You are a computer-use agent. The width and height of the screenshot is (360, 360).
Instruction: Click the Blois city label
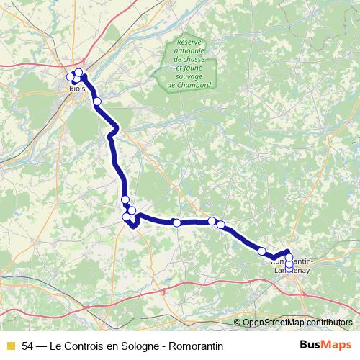78,88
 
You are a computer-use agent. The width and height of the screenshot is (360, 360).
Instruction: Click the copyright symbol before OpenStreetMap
238,323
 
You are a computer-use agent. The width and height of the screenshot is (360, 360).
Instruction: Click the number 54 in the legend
28,346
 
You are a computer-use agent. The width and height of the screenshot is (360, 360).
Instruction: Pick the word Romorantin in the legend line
198,346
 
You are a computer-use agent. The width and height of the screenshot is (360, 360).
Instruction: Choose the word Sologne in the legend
139,346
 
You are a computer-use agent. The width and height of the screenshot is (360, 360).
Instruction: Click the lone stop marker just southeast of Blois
97,102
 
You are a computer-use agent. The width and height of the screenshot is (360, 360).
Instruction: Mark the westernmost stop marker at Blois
71,77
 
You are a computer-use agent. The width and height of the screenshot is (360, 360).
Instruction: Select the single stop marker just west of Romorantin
262,251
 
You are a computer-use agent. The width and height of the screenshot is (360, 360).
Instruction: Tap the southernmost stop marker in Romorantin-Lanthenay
289,269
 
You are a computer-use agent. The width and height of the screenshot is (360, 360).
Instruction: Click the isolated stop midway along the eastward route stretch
176,222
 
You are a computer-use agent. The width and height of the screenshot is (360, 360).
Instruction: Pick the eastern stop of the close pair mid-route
221,225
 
